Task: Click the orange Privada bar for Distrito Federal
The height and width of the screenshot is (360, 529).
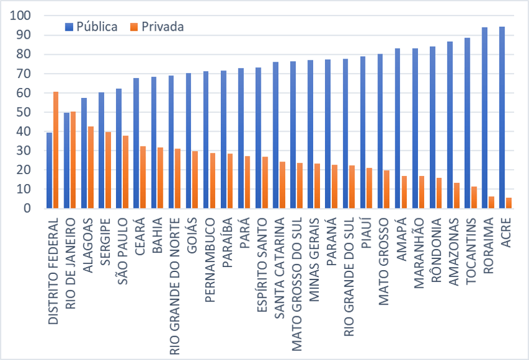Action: pyautogui.click(x=56, y=150)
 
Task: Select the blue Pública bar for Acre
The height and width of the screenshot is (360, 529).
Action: pyautogui.click(x=502, y=118)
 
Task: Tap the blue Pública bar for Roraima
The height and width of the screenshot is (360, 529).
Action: pyautogui.click(x=484, y=119)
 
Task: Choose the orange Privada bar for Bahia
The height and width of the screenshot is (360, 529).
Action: pyautogui.click(x=160, y=178)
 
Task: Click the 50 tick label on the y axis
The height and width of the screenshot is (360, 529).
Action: pyautogui.click(x=24, y=112)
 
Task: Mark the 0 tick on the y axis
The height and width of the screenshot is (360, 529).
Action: pyautogui.click(x=27, y=209)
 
